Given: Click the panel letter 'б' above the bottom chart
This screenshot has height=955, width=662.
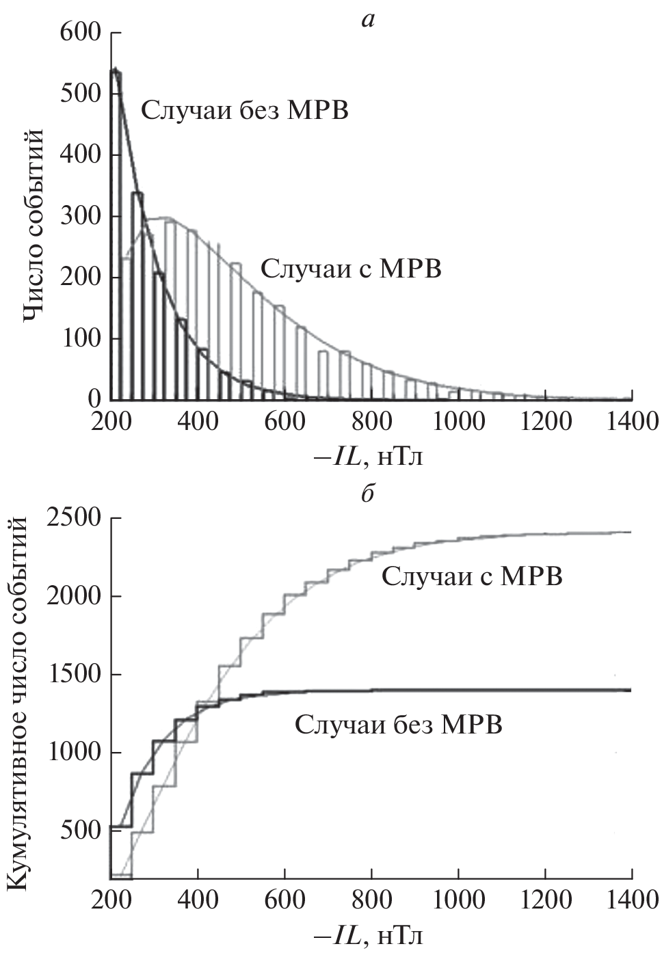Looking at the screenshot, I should [x=368, y=493].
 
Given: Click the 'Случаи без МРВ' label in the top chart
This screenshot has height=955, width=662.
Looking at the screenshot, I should [x=245, y=110].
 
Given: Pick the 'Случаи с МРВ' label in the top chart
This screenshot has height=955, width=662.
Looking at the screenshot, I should [x=351, y=269].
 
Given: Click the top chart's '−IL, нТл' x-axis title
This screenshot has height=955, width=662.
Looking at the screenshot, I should [x=370, y=455].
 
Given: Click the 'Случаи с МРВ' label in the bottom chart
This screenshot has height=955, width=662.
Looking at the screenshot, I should [x=472, y=576].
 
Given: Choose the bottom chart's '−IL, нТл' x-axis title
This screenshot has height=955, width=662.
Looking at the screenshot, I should [x=370, y=934].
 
